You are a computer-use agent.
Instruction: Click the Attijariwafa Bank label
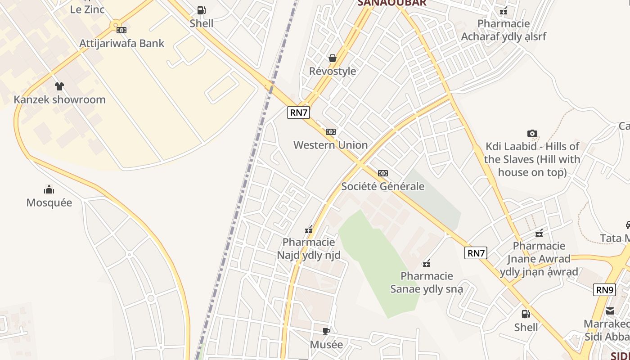tap(122, 44)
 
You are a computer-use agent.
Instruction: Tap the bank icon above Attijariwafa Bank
tap(121, 30)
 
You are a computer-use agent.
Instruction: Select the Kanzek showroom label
tap(59, 99)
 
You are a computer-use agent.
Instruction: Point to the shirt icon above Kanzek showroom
tap(59, 86)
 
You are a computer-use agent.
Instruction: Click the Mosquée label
tap(49, 202)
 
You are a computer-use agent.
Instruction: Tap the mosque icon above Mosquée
tap(49, 189)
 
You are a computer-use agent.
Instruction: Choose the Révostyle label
tap(333, 71)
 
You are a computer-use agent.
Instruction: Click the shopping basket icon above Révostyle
tap(333, 58)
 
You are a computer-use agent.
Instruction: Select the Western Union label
tap(331, 145)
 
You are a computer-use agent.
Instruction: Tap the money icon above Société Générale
tap(383, 173)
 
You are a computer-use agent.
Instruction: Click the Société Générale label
tap(383, 186)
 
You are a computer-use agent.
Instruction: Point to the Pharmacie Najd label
tap(309, 249)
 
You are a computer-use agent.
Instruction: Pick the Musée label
tap(326, 345)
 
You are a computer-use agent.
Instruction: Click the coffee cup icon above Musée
tap(326, 332)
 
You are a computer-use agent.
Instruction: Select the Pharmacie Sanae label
tap(427, 282)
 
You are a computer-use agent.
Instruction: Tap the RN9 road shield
tap(604, 290)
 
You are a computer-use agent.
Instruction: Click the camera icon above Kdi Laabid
tap(532, 133)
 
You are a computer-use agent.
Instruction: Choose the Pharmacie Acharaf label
tap(504, 30)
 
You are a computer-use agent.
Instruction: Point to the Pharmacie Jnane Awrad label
tap(539, 259)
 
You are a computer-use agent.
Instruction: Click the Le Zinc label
tap(87, 9)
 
